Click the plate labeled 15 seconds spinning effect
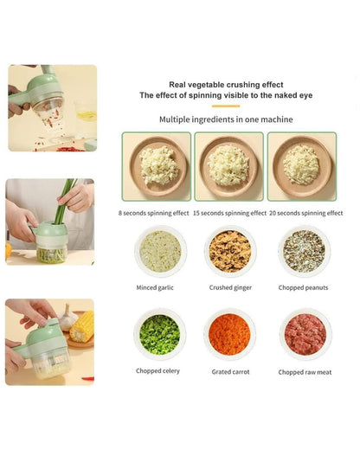click(228, 165)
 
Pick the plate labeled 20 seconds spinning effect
click(301, 165)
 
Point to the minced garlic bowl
click(159, 251)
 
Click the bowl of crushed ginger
click(229, 251)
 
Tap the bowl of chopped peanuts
click(303, 251)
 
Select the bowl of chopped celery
click(159, 334)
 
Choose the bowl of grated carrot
click(229, 334)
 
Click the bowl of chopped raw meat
click(303, 334)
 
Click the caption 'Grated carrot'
click(230, 371)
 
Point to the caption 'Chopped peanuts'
click(303, 287)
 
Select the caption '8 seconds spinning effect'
click(154, 213)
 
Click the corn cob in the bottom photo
click(80, 328)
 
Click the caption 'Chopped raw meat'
click(303, 371)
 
